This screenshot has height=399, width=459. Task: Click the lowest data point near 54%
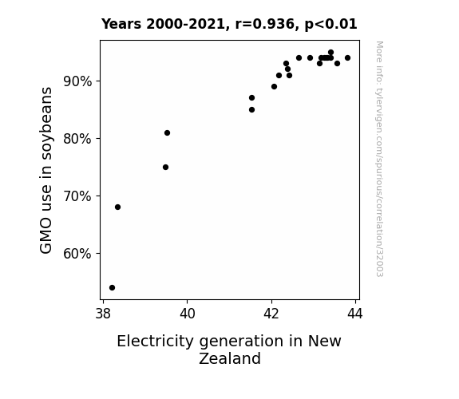pyautogui.click(x=112, y=288)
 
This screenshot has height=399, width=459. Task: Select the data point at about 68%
pyautogui.click(x=117, y=207)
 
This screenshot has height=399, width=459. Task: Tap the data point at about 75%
pyautogui.click(x=166, y=167)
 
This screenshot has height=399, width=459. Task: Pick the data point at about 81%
pyautogui.click(x=167, y=133)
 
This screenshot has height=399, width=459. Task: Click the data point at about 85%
pyautogui.click(x=251, y=110)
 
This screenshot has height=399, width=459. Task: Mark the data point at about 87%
pyautogui.click(x=251, y=98)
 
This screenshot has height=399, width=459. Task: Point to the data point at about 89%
pyautogui.click(x=275, y=87)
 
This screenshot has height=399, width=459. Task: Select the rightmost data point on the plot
pyautogui.click(x=347, y=58)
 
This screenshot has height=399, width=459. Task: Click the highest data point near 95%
pyautogui.click(x=330, y=53)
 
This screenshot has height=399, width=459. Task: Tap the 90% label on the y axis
pyautogui.click(x=77, y=81)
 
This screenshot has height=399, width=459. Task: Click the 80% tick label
pyautogui.click(x=77, y=139)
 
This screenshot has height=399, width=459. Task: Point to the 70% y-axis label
pyautogui.click(x=77, y=196)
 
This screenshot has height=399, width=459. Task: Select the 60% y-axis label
pyautogui.click(x=77, y=254)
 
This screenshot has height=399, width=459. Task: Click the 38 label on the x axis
pyautogui.click(x=103, y=314)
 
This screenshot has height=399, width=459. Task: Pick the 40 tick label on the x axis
pyautogui.click(x=188, y=314)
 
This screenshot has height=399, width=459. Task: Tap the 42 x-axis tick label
pyautogui.click(x=271, y=314)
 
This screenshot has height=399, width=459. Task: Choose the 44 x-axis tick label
pyautogui.click(x=355, y=314)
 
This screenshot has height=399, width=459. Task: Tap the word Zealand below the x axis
pyautogui.click(x=230, y=358)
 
